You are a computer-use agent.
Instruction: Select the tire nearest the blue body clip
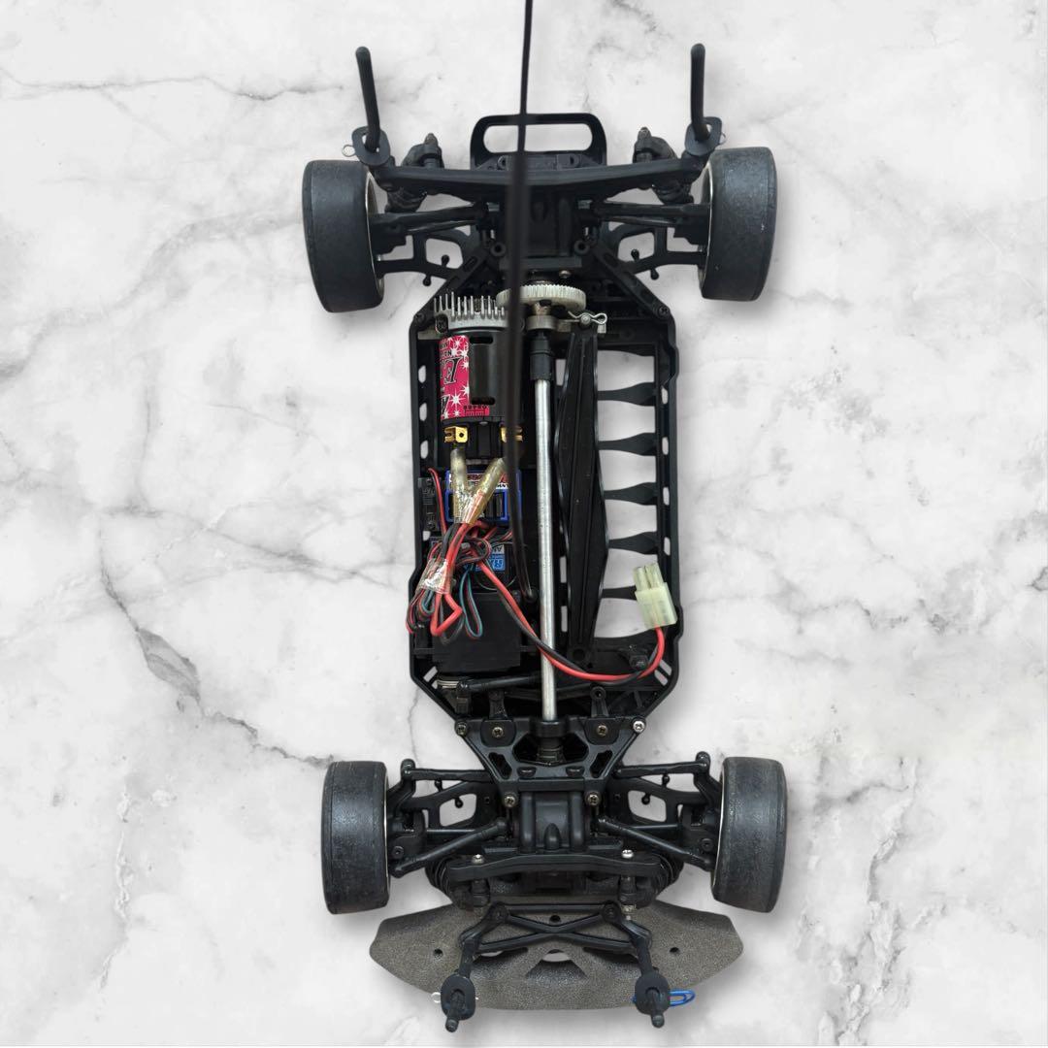click(748, 835)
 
